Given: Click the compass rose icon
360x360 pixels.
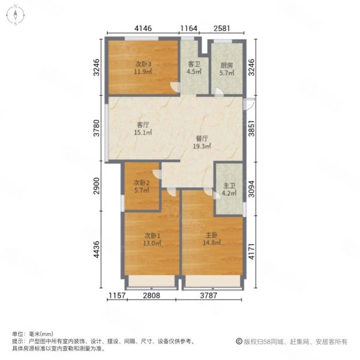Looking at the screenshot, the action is pos(16,15).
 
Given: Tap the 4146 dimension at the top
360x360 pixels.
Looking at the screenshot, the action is pos(143,28).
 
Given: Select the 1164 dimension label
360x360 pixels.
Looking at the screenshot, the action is pos(189,28).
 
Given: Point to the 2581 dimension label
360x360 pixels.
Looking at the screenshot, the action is pos(222,28).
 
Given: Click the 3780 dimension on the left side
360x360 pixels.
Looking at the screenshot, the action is pos(97,128).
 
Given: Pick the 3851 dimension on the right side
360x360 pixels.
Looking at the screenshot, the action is pos(251,128).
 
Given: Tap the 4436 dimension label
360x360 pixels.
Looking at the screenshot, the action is pos(97,250).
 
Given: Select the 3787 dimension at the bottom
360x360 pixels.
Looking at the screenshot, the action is pos(208,295).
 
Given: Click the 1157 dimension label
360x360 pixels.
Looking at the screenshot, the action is pos(117,295).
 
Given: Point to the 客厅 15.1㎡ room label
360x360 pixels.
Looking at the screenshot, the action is pos(143,128).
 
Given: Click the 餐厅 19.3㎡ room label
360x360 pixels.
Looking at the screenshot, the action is pos(202,142).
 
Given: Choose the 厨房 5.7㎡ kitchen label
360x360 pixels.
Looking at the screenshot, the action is pos(227,69).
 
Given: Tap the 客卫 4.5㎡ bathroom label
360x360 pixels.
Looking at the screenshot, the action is pos(194,68).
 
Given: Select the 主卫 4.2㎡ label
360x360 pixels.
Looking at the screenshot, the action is pos(229,190).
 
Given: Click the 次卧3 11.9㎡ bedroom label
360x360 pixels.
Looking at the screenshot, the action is pos(143,68).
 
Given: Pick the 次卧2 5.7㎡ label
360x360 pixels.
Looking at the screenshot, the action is pos(142,187).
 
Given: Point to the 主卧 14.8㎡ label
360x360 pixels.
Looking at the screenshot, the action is pos(211,239).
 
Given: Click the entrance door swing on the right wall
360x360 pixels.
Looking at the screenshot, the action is pos(249,104).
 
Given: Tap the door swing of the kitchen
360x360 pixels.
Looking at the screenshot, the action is pos(219,92).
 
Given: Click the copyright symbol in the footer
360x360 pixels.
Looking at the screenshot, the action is pos(239,341).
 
